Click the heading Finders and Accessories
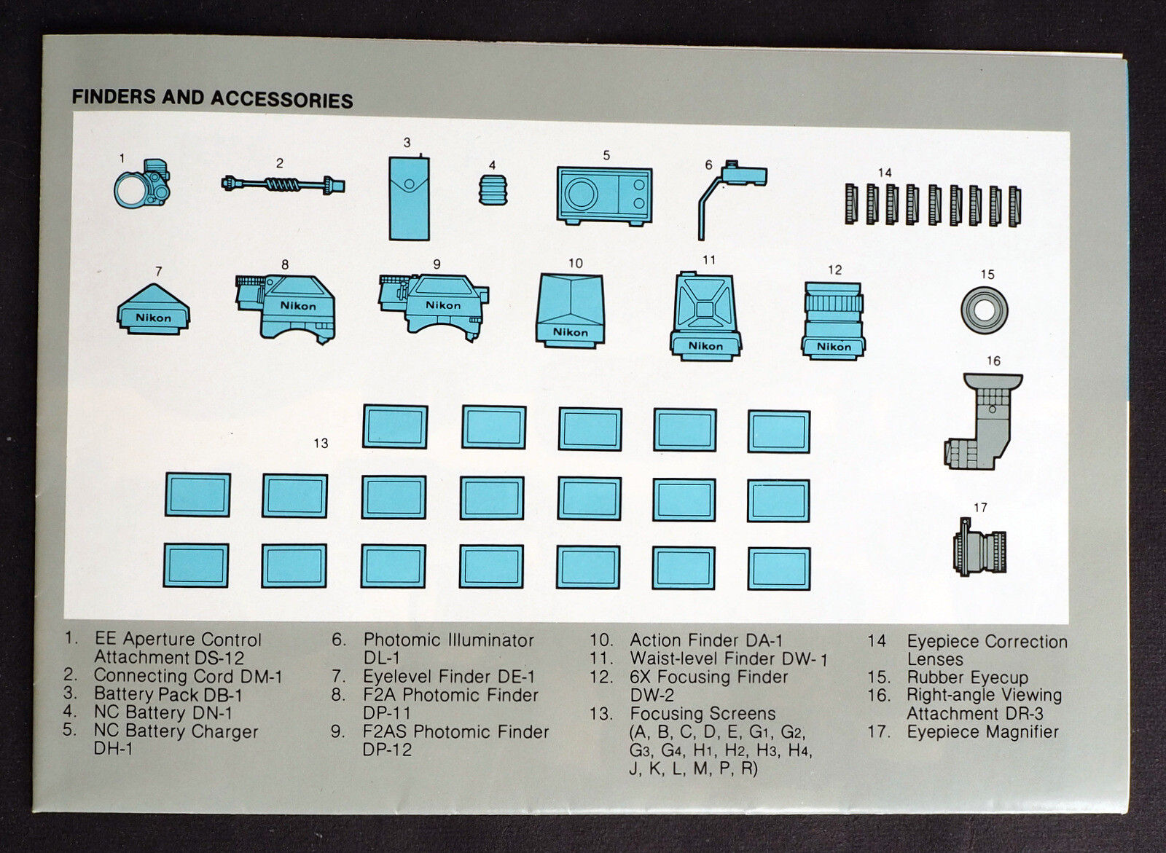click(x=212, y=98)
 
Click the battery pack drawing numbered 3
click(x=408, y=197)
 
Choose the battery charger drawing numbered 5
click(x=604, y=195)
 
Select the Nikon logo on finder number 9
click(x=442, y=305)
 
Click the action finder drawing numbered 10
click(x=570, y=309)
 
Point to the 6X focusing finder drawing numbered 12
click(x=833, y=320)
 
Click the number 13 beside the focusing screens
click(x=321, y=443)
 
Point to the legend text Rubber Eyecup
click(x=967, y=677)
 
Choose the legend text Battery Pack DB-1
click(x=168, y=695)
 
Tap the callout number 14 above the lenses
click(x=884, y=173)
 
